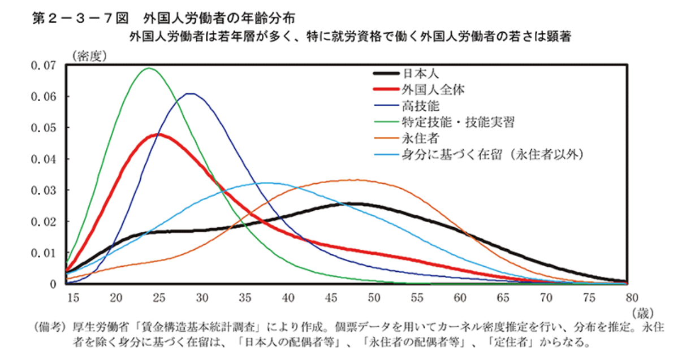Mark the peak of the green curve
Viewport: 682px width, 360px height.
[x=149, y=68]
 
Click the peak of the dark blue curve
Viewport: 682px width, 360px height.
[x=191, y=94]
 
